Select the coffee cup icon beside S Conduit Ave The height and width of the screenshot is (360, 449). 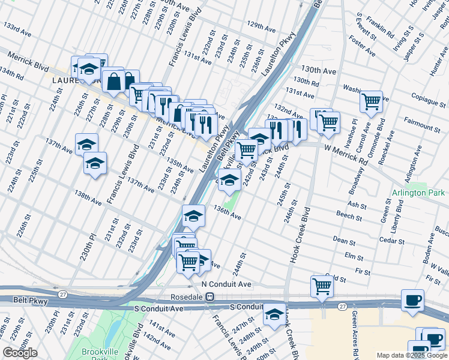click(x=413, y=301)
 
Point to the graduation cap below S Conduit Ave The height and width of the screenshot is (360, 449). click(x=274, y=314)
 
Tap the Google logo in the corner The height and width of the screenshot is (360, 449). click(x=20, y=353)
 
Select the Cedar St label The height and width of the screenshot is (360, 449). click(x=392, y=240)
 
